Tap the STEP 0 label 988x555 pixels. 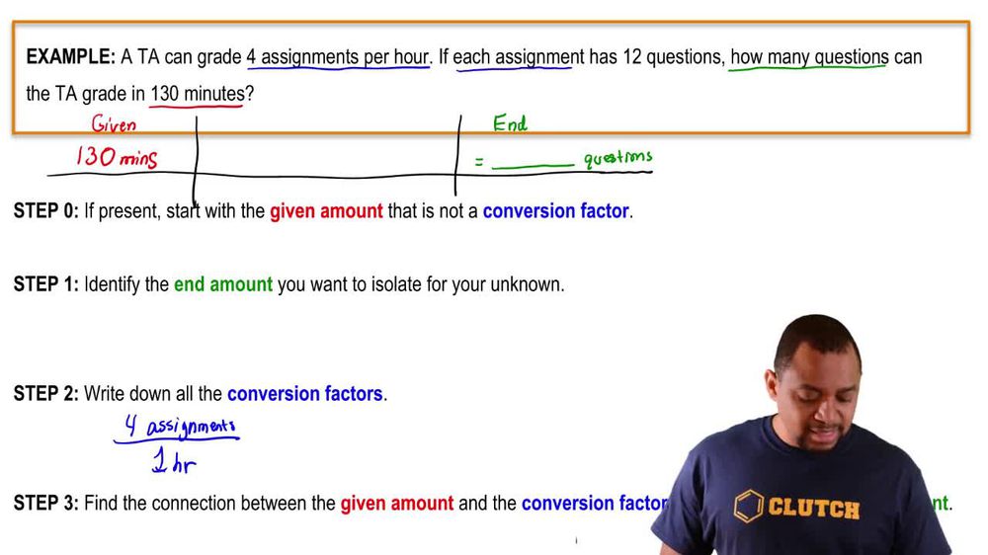tap(45, 211)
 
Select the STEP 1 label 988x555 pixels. tap(45, 285)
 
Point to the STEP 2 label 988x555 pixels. tap(45, 394)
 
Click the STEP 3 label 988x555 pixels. tap(45, 504)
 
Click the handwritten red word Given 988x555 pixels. tap(114, 125)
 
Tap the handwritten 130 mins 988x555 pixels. tap(117, 156)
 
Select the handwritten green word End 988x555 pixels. tap(510, 124)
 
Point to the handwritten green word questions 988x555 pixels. tap(617, 158)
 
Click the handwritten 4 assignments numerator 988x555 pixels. tap(181, 426)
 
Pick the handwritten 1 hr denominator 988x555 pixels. tap(175, 462)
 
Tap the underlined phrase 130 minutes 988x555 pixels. tap(196, 95)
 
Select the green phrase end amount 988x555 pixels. tap(222, 285)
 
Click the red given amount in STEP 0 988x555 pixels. tap(326, 211)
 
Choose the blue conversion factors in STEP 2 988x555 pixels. tap(304, 394)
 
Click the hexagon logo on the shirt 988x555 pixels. tap(749, 507)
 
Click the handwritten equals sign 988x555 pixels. tap(479, 163)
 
